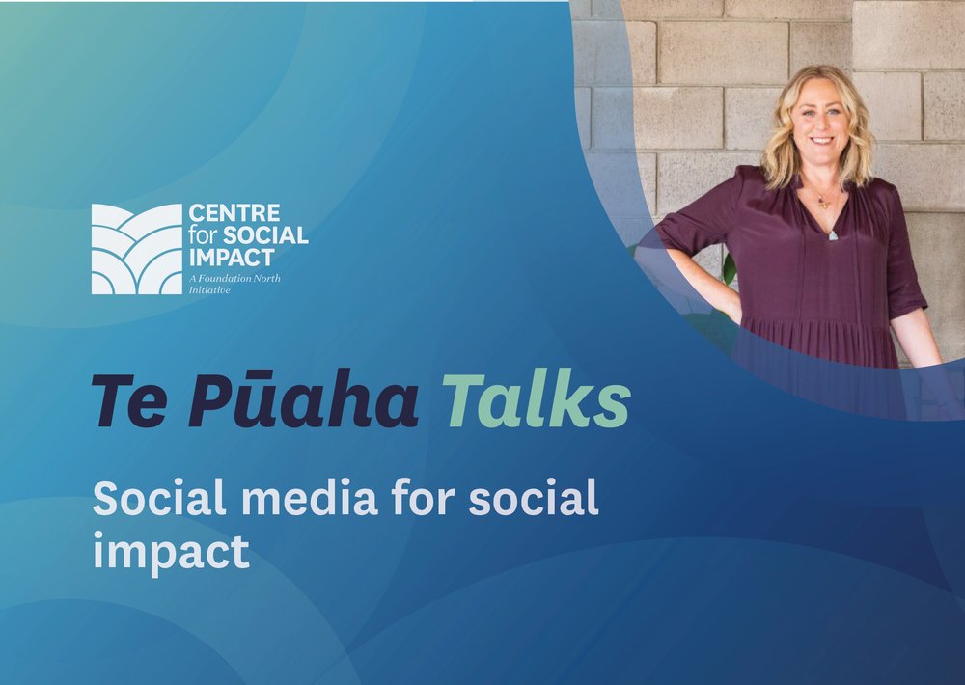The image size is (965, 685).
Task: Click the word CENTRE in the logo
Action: click(234, 213)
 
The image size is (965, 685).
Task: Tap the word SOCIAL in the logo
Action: click(265, 235)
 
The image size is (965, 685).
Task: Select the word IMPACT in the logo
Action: click(232, 258)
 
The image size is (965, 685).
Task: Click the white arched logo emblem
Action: click(137, 249)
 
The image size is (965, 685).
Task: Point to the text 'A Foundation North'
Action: click(234, 278)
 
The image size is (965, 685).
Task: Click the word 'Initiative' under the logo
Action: click(209, 289)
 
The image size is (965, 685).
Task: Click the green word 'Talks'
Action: click(536, 398)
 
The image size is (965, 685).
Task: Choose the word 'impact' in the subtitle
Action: click(171, 552)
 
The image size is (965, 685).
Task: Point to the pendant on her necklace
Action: click(832, 235)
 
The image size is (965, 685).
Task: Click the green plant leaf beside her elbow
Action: click(730, 269)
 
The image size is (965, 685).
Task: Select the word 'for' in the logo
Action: click(204, 235)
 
